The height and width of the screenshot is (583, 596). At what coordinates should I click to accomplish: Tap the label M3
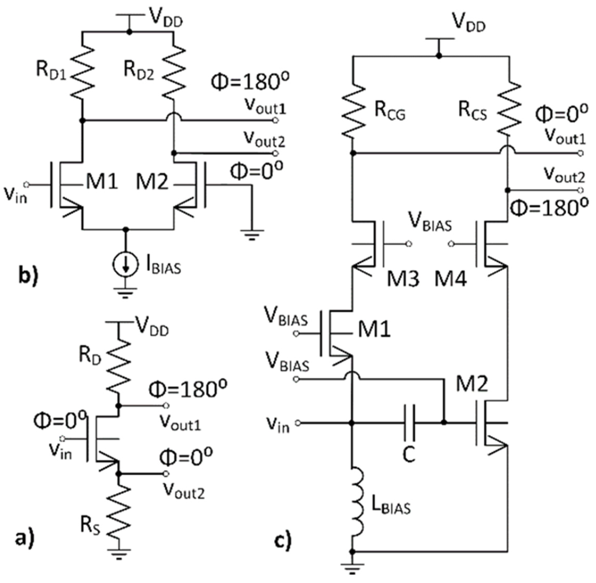[403, 279]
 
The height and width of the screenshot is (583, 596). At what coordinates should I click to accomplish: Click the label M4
[450, 279]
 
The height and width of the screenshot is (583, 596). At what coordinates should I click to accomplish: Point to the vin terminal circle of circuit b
[27, 184]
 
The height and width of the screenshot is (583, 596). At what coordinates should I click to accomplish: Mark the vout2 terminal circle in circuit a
[166, 473]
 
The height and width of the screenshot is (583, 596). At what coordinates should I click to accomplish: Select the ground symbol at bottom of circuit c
[352, 569]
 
